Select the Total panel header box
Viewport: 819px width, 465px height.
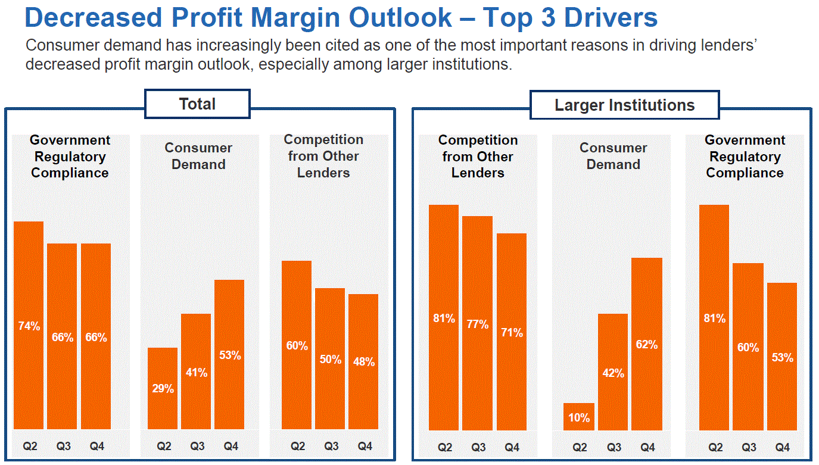[197, 104]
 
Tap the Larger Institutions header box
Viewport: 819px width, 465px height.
[624, 105]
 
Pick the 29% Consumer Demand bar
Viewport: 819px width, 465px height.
[163, 388]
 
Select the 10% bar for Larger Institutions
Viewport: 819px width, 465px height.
[579, 417]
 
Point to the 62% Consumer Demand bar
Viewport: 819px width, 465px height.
[647, 344]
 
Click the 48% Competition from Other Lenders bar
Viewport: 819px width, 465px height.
[363, 361]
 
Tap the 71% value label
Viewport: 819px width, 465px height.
[512, 332]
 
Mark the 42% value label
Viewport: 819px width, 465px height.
[613, 373]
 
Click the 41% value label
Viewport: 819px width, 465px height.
[196, 373]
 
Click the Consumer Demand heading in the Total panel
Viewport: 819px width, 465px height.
[198, 156]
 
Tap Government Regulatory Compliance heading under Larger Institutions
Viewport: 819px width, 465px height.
[745, 157]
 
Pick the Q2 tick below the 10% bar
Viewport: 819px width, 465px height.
[580, 447]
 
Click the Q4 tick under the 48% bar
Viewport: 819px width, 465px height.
[365, 446]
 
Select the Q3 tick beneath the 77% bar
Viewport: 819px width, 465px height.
[478, 447]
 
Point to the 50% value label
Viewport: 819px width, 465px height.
[330, 360]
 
